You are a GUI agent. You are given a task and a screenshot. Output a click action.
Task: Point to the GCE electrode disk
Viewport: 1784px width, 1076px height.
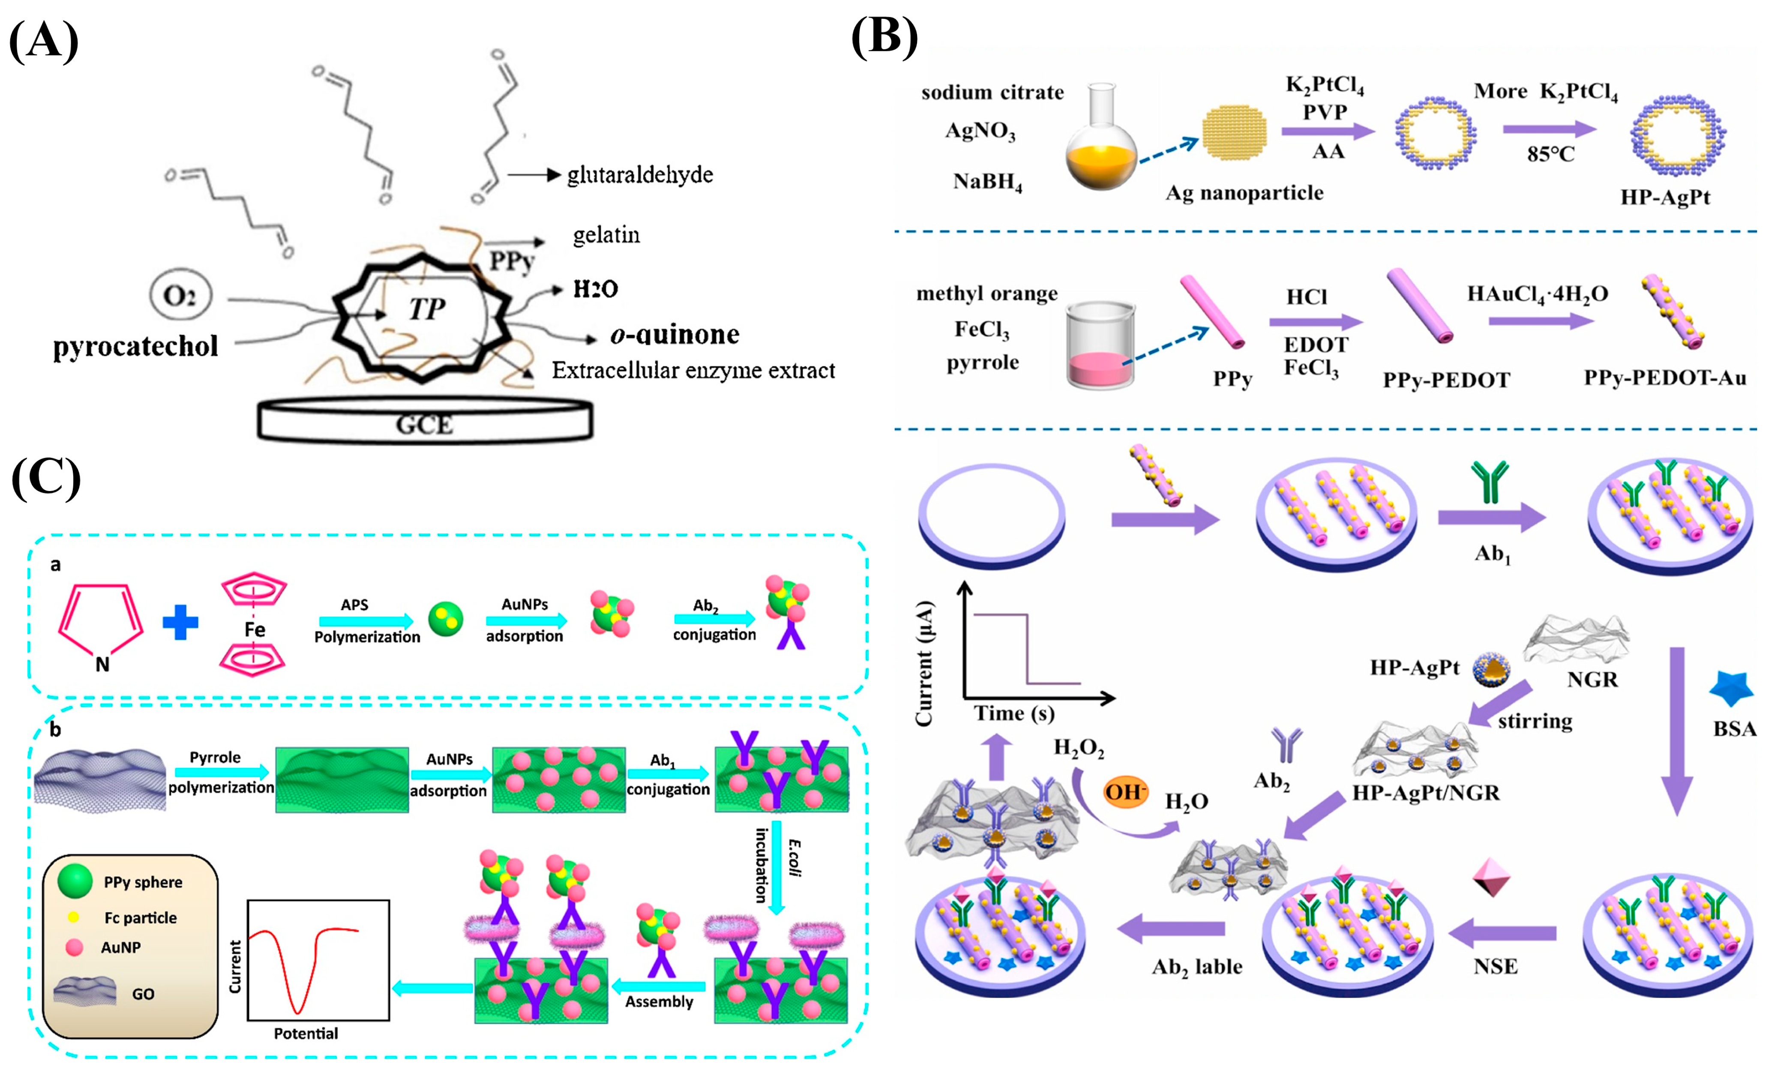tap(425, 422)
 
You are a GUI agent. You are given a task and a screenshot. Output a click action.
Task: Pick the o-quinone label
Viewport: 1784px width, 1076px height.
tap(675, 335)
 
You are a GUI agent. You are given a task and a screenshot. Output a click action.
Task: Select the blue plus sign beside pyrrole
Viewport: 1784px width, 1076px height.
tap(180, 622)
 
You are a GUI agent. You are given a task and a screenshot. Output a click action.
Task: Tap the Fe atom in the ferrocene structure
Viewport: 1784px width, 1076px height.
tap(254, 629)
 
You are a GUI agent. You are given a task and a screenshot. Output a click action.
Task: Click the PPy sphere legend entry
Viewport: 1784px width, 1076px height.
tap(143, 882)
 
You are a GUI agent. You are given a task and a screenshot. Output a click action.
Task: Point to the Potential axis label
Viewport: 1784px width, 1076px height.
tap(306, 1033)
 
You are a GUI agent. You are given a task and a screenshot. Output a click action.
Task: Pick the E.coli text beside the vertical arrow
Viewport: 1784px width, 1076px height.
tap(794, 857)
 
